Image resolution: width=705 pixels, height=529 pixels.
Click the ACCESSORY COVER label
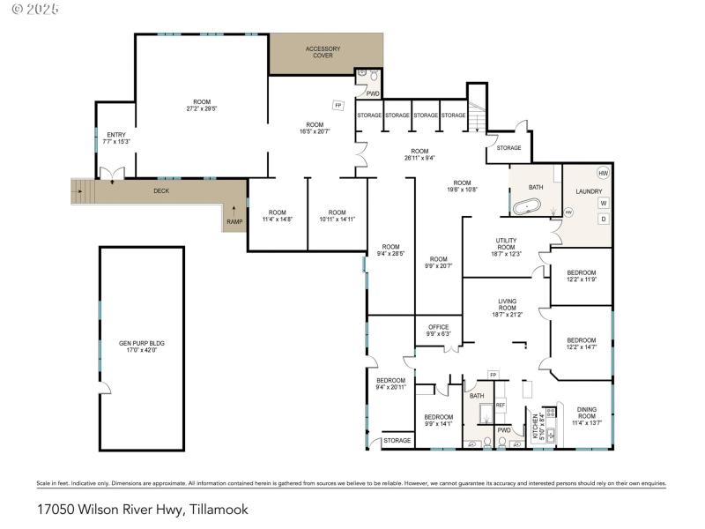click(323, 51)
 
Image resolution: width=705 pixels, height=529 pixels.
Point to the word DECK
click(161, 190)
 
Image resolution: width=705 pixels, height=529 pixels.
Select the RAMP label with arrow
click(234, 216)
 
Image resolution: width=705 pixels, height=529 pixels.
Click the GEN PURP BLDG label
click(142, 346)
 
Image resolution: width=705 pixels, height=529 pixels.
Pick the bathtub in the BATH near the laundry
click(527, 208)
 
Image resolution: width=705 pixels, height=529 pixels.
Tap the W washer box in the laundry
click(604, 203)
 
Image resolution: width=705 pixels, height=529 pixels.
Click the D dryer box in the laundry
click(604, 219)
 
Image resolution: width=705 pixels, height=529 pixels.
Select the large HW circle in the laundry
click(604, 173)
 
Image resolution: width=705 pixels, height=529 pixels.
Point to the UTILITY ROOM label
click(506, 246)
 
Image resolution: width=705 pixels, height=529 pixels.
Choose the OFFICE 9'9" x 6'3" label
click(438, 330)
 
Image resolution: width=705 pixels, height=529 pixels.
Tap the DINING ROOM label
click(586, 415)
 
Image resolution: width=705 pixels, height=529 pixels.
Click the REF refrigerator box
click(500, 405)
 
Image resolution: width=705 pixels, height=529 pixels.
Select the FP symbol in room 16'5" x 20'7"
click(338, 106)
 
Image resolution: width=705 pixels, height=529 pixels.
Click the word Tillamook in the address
click(220, 510)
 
